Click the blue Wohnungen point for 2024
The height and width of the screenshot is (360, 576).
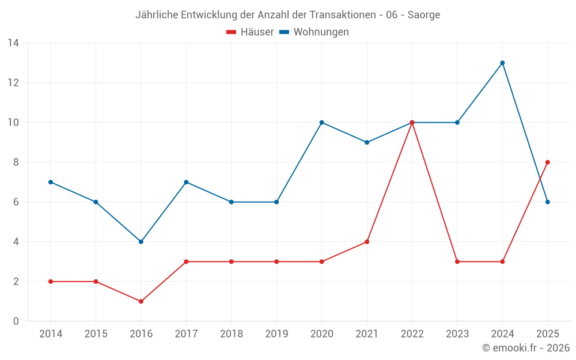coord(502,63)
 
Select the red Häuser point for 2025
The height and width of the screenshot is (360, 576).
coord(547,162)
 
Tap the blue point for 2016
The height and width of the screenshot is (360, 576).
coord(141,242)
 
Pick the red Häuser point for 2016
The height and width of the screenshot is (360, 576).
coord(141,301)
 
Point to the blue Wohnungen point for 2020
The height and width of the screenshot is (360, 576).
coord(322,122)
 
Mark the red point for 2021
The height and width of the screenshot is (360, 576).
coord(367,242)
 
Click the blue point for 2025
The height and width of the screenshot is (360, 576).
coord(547,202)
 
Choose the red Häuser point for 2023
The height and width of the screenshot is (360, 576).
coord(457,262)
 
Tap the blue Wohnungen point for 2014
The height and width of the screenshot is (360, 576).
coord(51,182)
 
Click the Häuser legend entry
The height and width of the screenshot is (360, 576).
coord(250,32)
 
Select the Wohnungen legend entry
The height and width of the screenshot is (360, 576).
coord(314,32)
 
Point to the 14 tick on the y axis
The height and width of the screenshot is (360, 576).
coord(13,43)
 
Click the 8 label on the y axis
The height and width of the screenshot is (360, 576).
coord(16,162)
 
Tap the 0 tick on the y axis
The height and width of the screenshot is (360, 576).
coord(16,321)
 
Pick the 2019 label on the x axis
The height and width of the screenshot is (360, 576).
coord(276,334)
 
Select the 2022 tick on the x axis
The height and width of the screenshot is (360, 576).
coord(412,334)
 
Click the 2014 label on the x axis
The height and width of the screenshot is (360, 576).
coord(51,334)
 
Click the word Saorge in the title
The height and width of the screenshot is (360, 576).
coord(423,15)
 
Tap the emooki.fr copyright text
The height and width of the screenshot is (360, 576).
coord(526,347)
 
